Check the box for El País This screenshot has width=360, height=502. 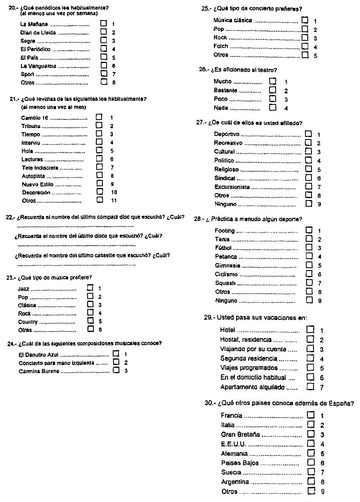tap(104, 57)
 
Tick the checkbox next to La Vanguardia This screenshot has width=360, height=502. tap(104, 65)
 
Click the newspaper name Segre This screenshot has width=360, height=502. tap(28, 41)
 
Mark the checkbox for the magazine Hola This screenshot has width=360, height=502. tap(99, 151)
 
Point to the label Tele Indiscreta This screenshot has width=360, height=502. tap(40, 168)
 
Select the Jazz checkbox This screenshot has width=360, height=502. tap(90, 288)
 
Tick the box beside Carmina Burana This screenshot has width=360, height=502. tap(116, 371)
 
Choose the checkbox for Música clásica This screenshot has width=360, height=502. tap(304, 20)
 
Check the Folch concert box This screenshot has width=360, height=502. tap(304, 46)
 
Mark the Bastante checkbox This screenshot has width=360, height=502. tap(272, 90)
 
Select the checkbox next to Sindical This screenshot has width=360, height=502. tap(309, 178)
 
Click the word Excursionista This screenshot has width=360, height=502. tap(232, 187)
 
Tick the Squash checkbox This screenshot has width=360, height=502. tap(309, 283)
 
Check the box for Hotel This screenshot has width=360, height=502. tap(310, 329)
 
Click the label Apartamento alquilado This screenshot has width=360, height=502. tap(252, 387)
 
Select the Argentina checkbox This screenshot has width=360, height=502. tap(311, 481)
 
